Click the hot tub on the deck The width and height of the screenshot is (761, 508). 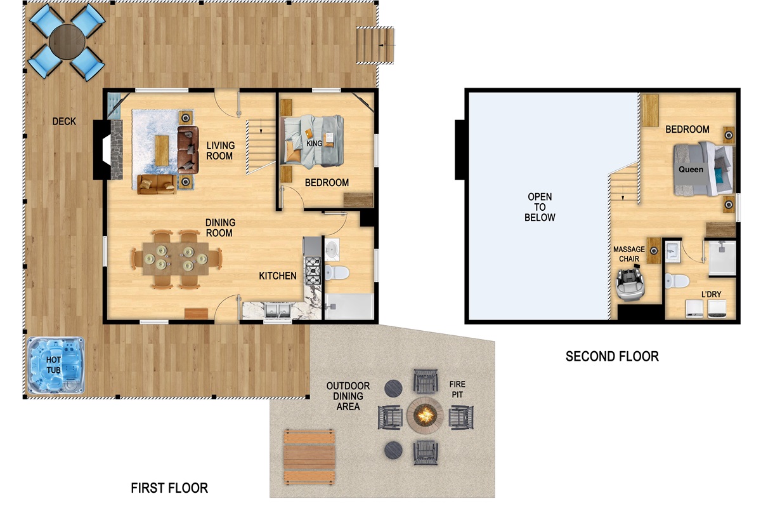(56, 365)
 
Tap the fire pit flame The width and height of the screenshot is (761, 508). (425, 415)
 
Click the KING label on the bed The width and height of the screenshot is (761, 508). (314, 144)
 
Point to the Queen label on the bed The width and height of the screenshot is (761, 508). (691, 170)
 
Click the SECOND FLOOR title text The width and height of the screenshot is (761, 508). (612, 356)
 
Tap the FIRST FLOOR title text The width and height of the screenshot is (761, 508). (169, 488)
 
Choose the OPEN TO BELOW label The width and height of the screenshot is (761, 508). (540, 207)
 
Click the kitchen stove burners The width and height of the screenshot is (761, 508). (313, 271)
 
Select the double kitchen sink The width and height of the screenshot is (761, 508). (278, 311)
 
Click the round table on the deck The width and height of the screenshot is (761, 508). (67, 42)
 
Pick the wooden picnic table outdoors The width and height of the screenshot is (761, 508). (309, 457)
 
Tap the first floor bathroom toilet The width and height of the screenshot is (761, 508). (337, 272)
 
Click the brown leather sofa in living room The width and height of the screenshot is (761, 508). (188, 150)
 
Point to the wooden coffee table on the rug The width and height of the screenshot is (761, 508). (162, 150)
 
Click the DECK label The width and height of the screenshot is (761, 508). (64, 121)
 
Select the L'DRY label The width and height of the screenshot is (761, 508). (711, 294)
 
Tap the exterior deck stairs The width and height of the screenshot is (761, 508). (375, 45)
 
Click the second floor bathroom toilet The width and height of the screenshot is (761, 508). (677, 281)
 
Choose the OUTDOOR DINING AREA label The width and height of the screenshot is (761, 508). (348, 396)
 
